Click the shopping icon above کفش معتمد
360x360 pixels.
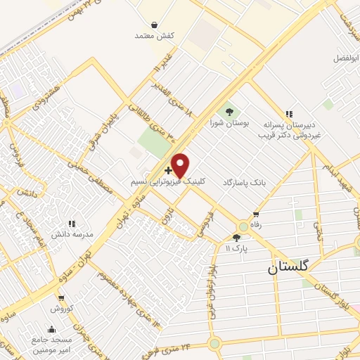click(144, 22)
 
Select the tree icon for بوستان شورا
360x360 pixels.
click(229, 111)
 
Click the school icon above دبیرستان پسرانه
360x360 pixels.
click(288, 113)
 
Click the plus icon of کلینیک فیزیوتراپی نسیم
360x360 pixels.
click(167, 170)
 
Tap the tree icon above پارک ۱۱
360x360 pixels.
click(236, 238)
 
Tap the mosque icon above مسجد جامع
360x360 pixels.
click(51, 328)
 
